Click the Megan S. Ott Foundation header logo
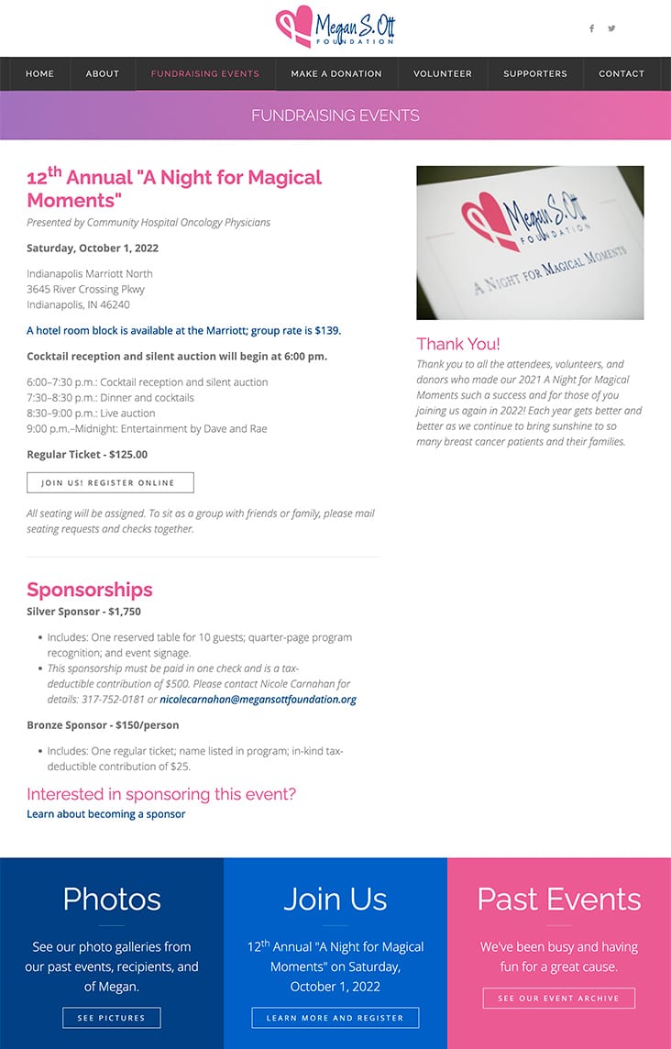[x=335, y=28]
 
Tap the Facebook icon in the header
[x=591, y=28]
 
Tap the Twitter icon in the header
[x=611, y=28]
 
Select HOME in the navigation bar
[x=39, y=74]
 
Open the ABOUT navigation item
[x=103, y=74]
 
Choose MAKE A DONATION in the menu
[x=336, y=74]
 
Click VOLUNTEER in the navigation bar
[x=443, y=74]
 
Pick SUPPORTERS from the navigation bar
[x=535, y=74]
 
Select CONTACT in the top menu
[x=621, y=74]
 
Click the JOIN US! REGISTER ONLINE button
[x=110, y=482]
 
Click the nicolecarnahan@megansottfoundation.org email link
[x=258, y=700]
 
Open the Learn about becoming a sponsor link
[x=106, y=814]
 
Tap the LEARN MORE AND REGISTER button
[x=335, y=1018]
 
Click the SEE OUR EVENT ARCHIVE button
[x=559, y=998]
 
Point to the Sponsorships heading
[x=90, y=590]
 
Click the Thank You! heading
[x=458, y=344]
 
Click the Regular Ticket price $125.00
[x=127, y=454]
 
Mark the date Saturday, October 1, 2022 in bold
[x=93, y=248]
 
